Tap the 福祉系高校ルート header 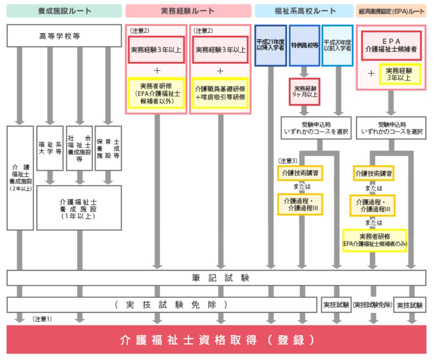point(304,11)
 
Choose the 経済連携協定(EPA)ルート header point(391,11)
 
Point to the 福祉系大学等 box point(50,148)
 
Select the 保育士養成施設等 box point(108,148)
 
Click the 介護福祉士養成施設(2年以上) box point(20,177)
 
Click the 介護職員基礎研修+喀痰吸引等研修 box point(220,93)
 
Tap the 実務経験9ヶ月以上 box point(304,92)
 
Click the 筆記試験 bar point(216,278)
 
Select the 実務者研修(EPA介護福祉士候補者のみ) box point(375,240)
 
